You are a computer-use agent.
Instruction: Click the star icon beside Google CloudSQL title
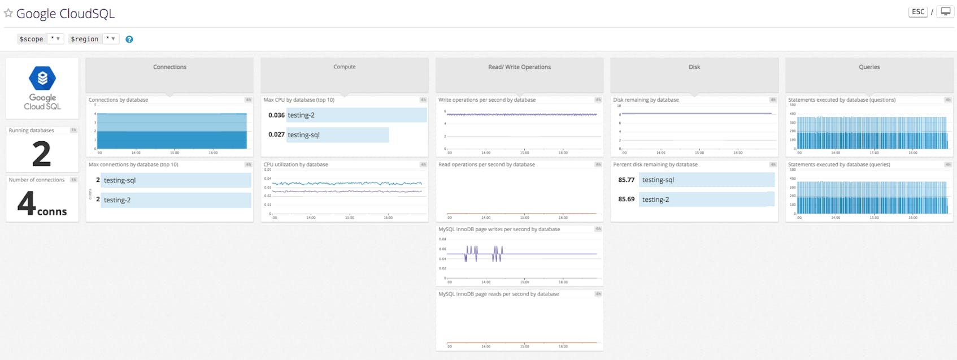[x=8, y=13]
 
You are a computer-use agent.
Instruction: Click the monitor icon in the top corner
[x=945, y=12]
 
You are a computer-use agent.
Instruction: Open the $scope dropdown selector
[x=55, y=39]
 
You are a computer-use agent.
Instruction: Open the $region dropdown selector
[x=111, y=39]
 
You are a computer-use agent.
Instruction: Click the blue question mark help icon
[x=129, y=40]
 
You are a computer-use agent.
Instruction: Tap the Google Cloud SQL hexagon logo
[x=42, y=79]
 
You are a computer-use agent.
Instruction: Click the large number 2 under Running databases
[x=41, y=154]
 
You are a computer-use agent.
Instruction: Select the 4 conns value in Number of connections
[x=42, y=205]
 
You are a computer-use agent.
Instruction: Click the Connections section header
[x=169, y=67]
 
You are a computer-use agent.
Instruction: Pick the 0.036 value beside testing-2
[x=276, y=115]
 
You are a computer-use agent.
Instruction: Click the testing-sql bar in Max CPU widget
[x=338, y=135]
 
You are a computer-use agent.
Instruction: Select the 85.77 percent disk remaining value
[x=626, y=180]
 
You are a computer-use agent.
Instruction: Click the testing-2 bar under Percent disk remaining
[x=706, y=199]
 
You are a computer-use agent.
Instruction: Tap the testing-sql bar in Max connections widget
[x=176, y=180]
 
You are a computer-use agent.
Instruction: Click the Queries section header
[x=869, y=67]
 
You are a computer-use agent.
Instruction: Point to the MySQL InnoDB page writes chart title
[x=499, y=229]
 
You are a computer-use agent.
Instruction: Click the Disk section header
[x=694, y=67]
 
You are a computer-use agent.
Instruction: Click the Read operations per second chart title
[x=486, y=164]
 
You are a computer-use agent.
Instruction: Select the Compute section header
[x=345, y=67]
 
